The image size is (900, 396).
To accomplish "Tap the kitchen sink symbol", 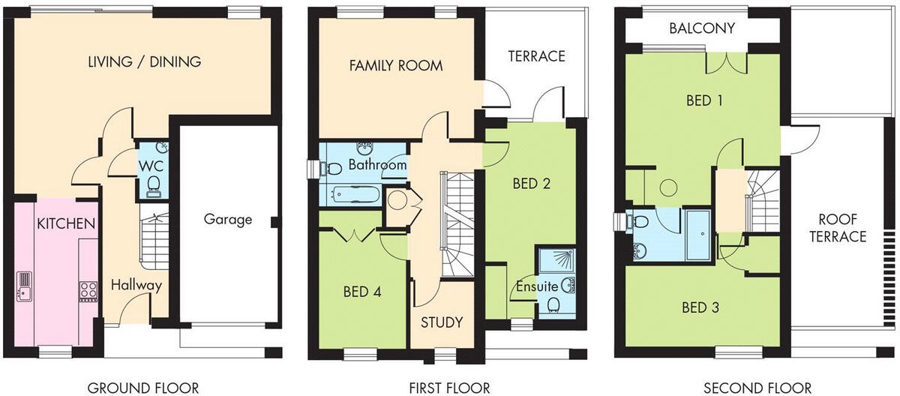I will tap(25, 285).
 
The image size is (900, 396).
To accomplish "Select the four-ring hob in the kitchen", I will tap(87, 289).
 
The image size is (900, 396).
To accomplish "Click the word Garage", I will tap(228, 220).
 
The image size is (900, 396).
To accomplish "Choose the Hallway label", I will tap(136, 285).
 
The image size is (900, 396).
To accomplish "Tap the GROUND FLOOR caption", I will tap(143, 387).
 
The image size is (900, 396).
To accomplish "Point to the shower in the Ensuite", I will tap(556, 262).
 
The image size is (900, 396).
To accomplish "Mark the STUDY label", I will tap(441, 322).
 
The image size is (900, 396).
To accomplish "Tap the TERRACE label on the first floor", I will tap(535, 56).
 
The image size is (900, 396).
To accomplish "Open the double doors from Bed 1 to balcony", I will tap(726, 66).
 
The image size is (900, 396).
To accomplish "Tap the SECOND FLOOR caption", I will tap(757, 387).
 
